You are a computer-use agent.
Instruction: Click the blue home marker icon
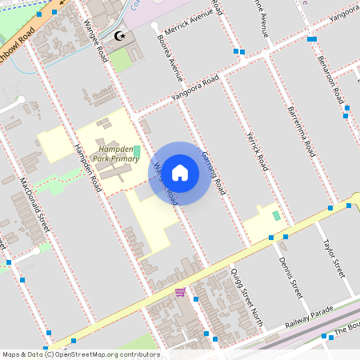(x=180, y=172)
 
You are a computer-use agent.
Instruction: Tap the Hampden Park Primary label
(x=116, y=154)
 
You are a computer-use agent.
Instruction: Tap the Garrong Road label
(x=214, y=171)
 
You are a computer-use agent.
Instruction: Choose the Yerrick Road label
(x=257, y=151)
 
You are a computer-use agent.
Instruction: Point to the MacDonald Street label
(x=34, y=206)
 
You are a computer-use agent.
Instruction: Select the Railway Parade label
(x=310, y=321)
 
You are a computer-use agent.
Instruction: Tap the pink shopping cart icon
(x=181, y=292)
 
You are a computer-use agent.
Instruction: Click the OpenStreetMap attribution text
(x=80, y=354)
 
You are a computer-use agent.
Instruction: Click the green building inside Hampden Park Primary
(x=136, y=152)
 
